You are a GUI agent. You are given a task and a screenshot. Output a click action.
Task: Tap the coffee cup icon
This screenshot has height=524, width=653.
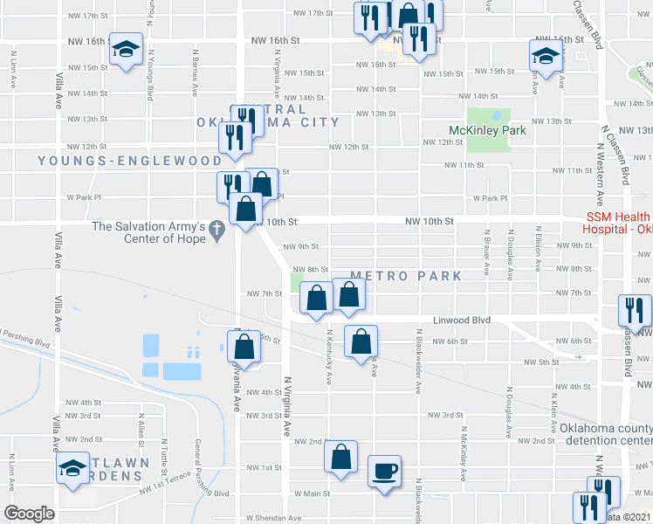pos(384,472)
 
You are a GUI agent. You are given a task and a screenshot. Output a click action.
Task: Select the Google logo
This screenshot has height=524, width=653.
pos(30,514)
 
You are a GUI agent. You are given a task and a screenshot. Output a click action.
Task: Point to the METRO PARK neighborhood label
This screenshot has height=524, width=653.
pos(392,276)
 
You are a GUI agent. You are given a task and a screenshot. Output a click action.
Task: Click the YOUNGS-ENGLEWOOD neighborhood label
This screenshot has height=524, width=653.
pos(130,161)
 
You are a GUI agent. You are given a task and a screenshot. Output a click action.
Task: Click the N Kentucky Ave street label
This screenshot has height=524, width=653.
pos(330,356)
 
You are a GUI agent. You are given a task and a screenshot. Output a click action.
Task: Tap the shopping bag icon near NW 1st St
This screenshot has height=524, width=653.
pos(340,456)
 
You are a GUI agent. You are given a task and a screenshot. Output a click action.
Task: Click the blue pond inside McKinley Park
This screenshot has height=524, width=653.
pos(497,114)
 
